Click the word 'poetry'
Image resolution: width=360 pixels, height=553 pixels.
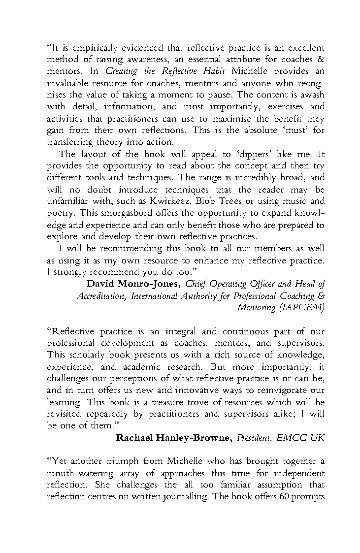pos(60,214)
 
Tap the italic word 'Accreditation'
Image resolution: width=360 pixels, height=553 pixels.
pos(103,296)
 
